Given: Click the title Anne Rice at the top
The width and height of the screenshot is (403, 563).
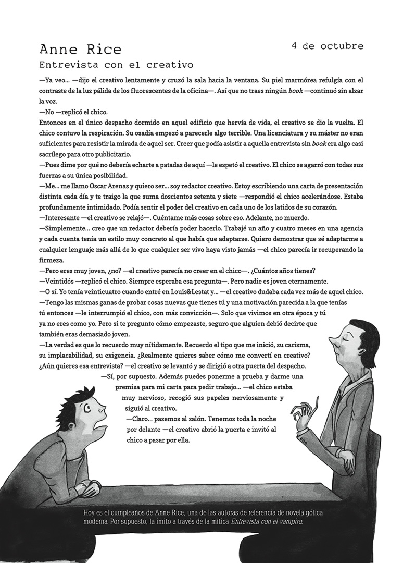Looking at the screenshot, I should point(80,50).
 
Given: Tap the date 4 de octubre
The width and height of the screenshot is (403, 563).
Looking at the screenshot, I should point(328,46).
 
